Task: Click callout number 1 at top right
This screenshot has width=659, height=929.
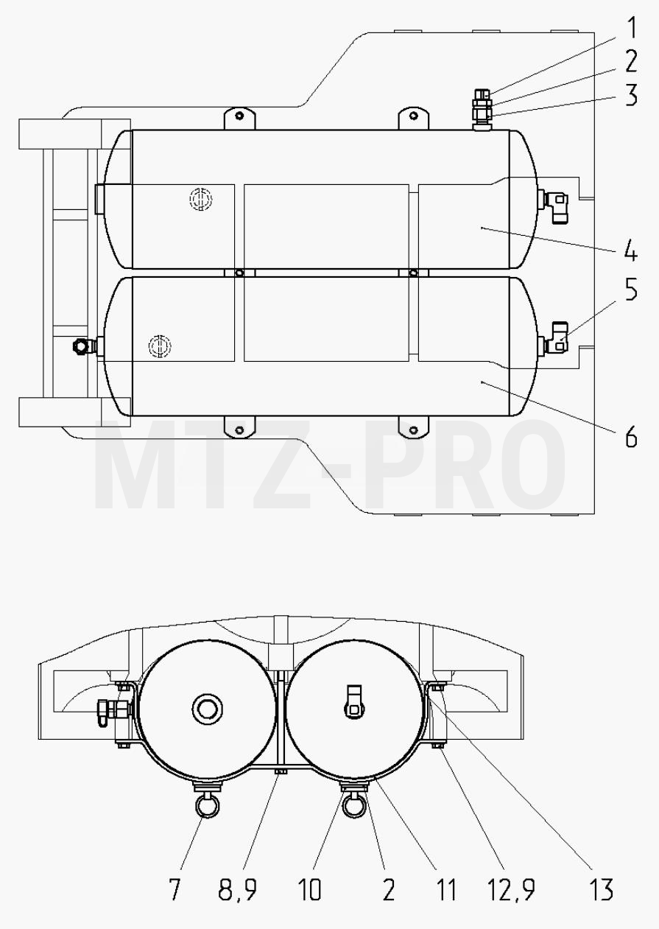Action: point(631,29)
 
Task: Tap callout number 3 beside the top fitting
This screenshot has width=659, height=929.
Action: point(631,95)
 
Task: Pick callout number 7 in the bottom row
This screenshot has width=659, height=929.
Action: point(175,890)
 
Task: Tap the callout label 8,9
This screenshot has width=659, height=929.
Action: point(238,890)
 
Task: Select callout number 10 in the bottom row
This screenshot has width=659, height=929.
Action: point(309,890)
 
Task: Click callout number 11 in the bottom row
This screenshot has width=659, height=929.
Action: point(446,890)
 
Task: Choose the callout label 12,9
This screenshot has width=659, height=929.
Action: point(512,890)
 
